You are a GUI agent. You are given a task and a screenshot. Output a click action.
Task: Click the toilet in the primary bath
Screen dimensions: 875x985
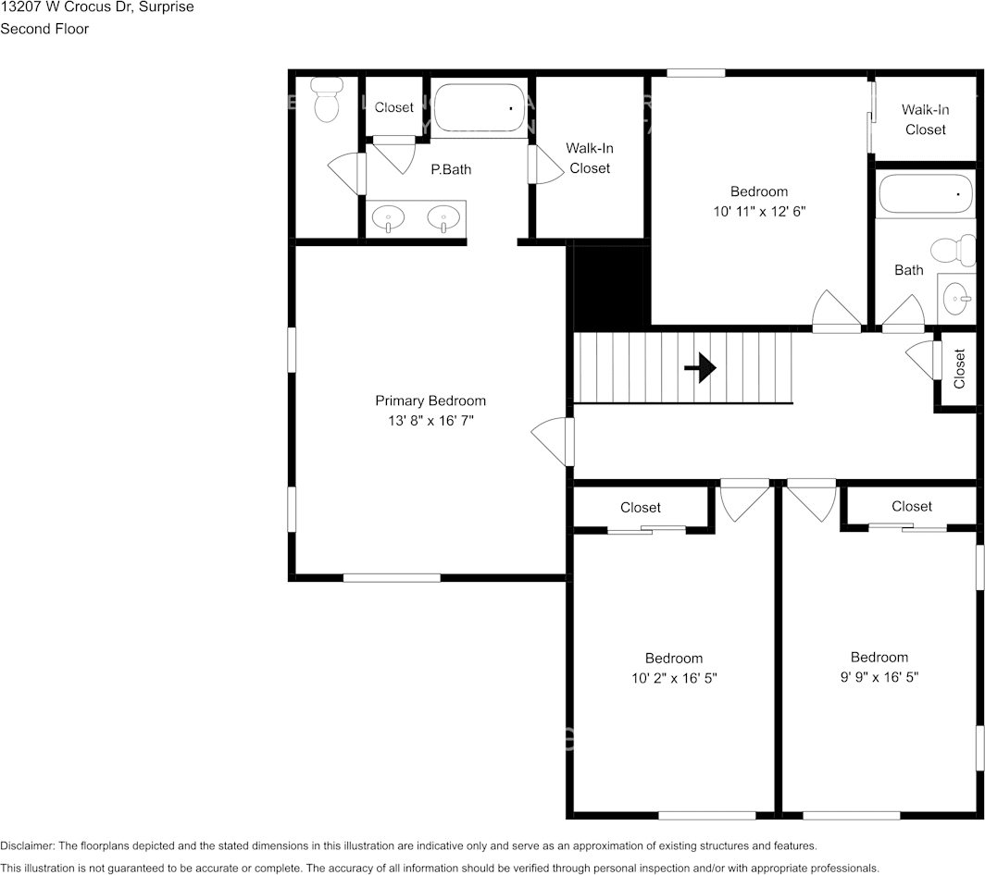pos(326,100)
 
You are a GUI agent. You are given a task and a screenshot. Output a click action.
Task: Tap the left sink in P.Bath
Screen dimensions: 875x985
pos(389,219)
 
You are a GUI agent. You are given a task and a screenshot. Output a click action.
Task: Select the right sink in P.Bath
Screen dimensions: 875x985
pos(443,219)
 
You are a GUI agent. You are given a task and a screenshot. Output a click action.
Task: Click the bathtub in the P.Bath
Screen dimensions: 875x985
pos(480,109)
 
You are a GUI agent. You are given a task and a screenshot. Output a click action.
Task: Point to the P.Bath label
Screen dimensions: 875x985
pos(451,169)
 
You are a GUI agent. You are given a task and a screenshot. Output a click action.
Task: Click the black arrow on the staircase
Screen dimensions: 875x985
pos(700,368)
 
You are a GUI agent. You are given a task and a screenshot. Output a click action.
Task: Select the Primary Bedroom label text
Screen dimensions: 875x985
pos(430,401)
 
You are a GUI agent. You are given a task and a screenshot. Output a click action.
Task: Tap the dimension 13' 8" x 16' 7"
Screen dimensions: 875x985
pos(430,421)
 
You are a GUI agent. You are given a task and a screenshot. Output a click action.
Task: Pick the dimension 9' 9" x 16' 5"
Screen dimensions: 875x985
pos(879,677)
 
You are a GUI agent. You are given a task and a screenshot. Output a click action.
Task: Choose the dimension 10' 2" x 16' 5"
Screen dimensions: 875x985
pos(673,678)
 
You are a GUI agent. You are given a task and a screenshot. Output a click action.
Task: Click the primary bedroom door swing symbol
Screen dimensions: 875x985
pos(553,440)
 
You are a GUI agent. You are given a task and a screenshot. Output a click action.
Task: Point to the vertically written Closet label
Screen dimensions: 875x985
pos(959,368)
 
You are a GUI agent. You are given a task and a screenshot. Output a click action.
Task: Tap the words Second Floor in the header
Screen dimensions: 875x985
pos(44,29)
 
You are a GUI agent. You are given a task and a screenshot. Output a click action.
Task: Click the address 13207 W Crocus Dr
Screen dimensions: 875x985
pos(65,7)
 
